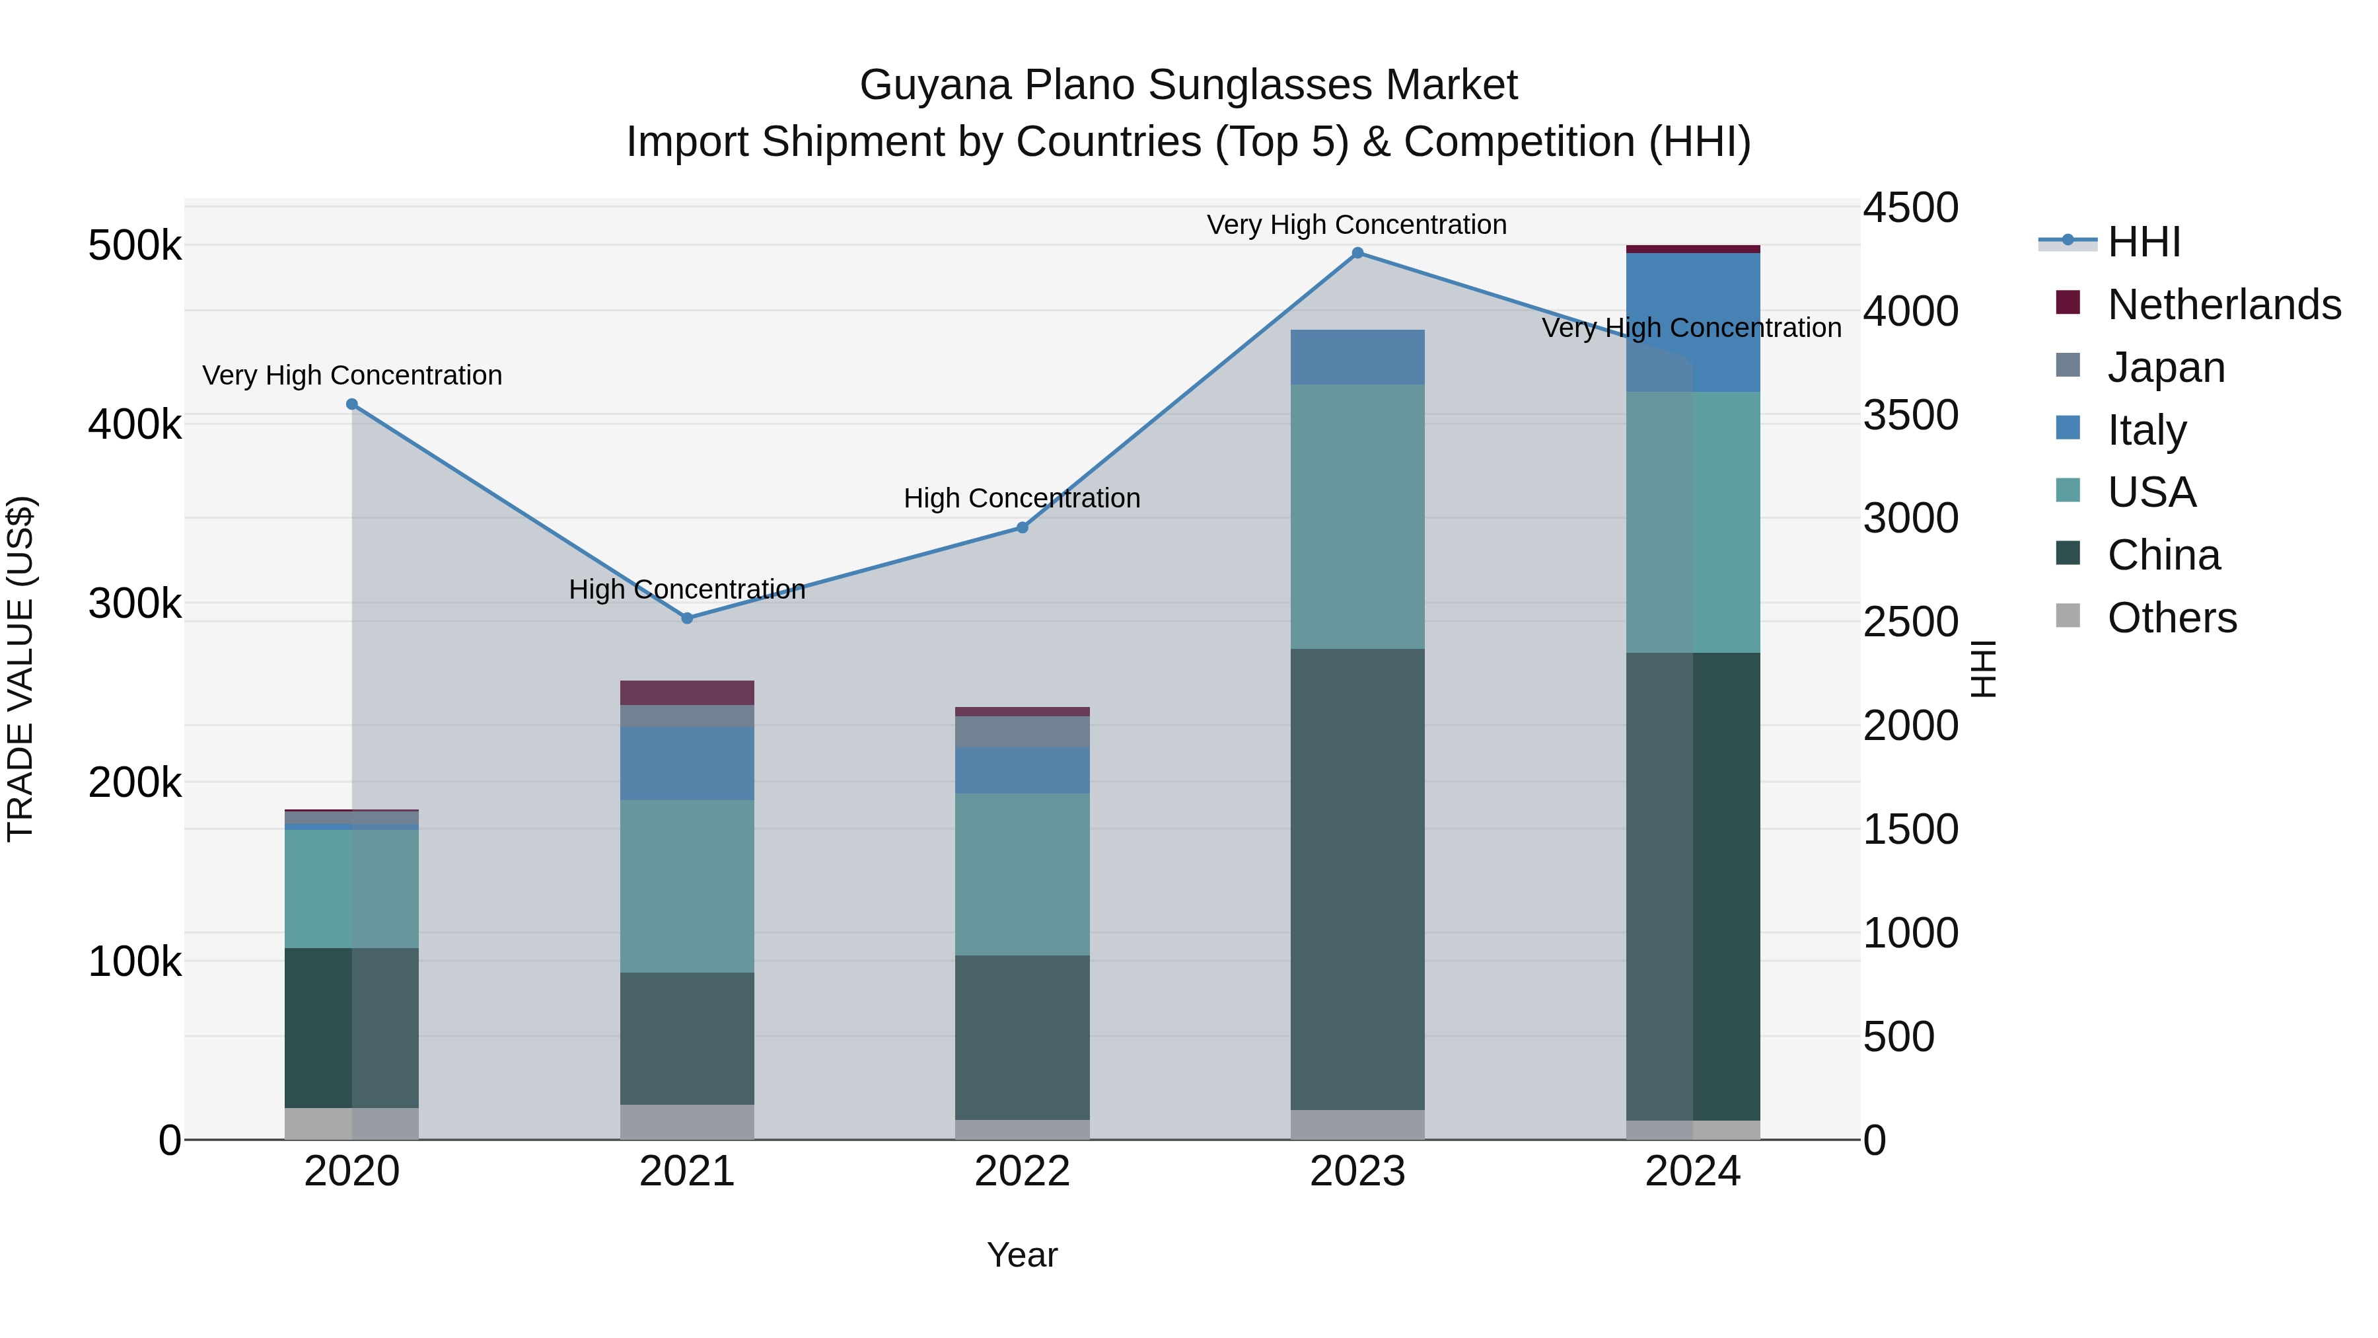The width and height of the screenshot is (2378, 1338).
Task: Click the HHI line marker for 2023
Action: coord(1357,253)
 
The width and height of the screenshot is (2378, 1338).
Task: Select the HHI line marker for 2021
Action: coord(687,618)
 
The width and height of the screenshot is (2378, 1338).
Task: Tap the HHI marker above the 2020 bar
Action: coord(351,404)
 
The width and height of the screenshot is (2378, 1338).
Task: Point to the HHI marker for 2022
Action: coord(1022,527)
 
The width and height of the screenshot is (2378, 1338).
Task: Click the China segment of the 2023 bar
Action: coord(1357,877)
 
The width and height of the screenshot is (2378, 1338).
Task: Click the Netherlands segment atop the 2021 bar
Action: coord(687,692)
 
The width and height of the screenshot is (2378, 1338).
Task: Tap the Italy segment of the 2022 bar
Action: coord(1022,770)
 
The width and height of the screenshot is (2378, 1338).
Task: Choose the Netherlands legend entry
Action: coord(2224,305)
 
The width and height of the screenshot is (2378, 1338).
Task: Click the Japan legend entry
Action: coord(2166,367)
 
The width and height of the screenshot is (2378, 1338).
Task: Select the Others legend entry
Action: coord(2171,618)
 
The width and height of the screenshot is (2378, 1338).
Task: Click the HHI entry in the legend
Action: coord(2144,242)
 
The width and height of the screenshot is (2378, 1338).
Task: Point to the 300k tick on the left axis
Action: coord(135,604)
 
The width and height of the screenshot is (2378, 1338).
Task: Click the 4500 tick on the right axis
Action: coord(1909,207)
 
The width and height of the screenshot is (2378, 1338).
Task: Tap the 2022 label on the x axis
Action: coord(1022,1171)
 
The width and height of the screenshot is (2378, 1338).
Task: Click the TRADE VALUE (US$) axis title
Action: coord(20,669)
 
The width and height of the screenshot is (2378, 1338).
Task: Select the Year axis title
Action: coord(1022,1255)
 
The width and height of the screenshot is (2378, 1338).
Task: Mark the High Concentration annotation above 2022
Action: coord(1022,499)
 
